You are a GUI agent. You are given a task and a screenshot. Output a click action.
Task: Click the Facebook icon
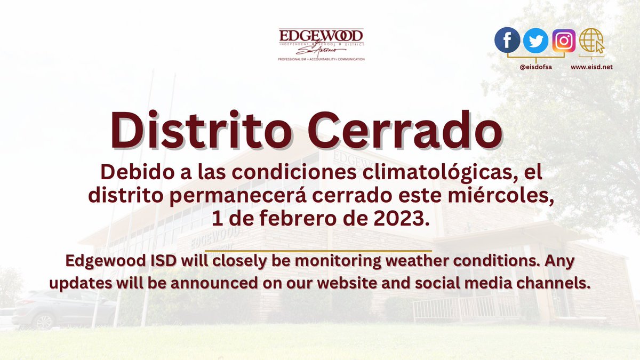[x=507, y=41]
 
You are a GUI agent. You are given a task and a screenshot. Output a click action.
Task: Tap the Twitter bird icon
[x=535, y=41]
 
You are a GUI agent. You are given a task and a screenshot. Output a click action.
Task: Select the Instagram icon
[x=564, y=41]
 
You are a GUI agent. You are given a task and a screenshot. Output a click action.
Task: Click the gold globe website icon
[x=591, y=41]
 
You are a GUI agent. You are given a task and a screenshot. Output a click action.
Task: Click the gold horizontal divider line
[x=318, y=250]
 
